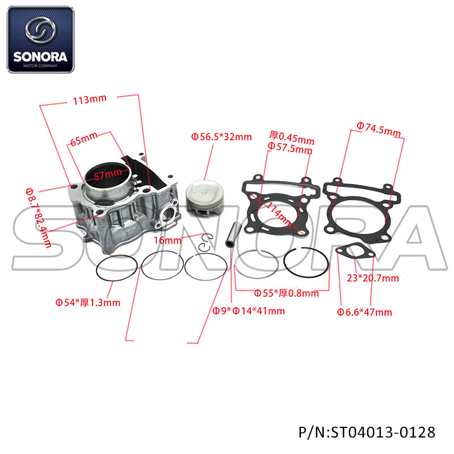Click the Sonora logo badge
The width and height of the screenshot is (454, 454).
click(40, 39)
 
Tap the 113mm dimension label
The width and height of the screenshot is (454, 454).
click(90, 100)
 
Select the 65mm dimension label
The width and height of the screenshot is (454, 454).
click(84, 138)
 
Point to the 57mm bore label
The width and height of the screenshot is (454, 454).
click(108, 175)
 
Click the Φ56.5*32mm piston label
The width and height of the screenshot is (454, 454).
click(221, 137)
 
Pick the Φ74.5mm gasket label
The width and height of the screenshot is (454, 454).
click(379, 129)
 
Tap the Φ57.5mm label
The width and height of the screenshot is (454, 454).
click(290, 148)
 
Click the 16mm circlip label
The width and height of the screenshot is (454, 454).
click(167, 240)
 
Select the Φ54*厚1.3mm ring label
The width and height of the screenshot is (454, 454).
click(88, 302)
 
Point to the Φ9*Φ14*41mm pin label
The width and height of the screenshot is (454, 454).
click(249, 311)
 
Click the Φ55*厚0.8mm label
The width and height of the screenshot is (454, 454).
click(286, 293)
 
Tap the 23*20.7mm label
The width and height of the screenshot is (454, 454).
click(373, 278)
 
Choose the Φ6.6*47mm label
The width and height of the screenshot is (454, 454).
click(364, 312)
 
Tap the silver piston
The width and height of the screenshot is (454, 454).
click(205, 197)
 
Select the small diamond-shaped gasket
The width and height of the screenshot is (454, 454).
click(355, 251)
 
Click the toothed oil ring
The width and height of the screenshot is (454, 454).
click(116, 268)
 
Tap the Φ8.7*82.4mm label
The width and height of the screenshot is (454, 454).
click(38, 218)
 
